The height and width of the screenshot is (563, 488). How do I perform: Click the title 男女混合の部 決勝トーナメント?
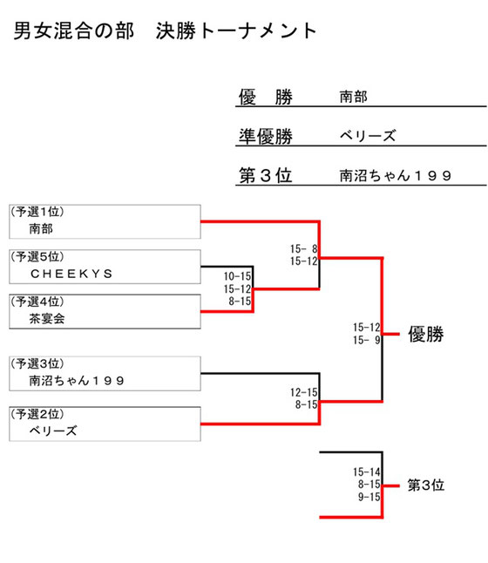pos(165,31)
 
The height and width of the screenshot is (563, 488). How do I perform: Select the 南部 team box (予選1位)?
pos(105,221)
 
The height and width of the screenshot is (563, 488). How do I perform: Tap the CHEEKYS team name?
pos(71,274)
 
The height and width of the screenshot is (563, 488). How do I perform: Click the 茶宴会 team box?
pos(105,311)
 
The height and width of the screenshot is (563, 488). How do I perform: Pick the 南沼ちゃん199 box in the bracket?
pos(105,373)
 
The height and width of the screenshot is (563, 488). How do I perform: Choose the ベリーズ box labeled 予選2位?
pos(105,424)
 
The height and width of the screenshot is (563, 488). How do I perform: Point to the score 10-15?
pos(237,276)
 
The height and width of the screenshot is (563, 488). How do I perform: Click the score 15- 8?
pos(304,249)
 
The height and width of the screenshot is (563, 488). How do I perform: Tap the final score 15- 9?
pos(367,340)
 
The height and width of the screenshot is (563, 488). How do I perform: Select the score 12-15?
pos(304,392)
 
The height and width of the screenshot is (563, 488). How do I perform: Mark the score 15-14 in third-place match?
pos(367,471)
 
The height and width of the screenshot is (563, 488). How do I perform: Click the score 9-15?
pos(369,497)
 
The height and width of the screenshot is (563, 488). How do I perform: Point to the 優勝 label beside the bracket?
pos(426,335)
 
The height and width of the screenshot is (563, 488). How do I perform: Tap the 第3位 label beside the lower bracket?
pos(426,485)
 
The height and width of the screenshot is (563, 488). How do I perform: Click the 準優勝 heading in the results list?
pos(266,136)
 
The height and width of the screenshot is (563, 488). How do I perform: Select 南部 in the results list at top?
pos(354,97)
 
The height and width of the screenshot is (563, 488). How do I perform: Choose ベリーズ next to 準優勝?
pos(368,136)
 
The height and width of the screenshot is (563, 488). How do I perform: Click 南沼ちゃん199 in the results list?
pos(396,175)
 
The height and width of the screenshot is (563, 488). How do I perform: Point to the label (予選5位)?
pos(37,257)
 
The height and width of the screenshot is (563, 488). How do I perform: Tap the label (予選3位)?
pos(37,363)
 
